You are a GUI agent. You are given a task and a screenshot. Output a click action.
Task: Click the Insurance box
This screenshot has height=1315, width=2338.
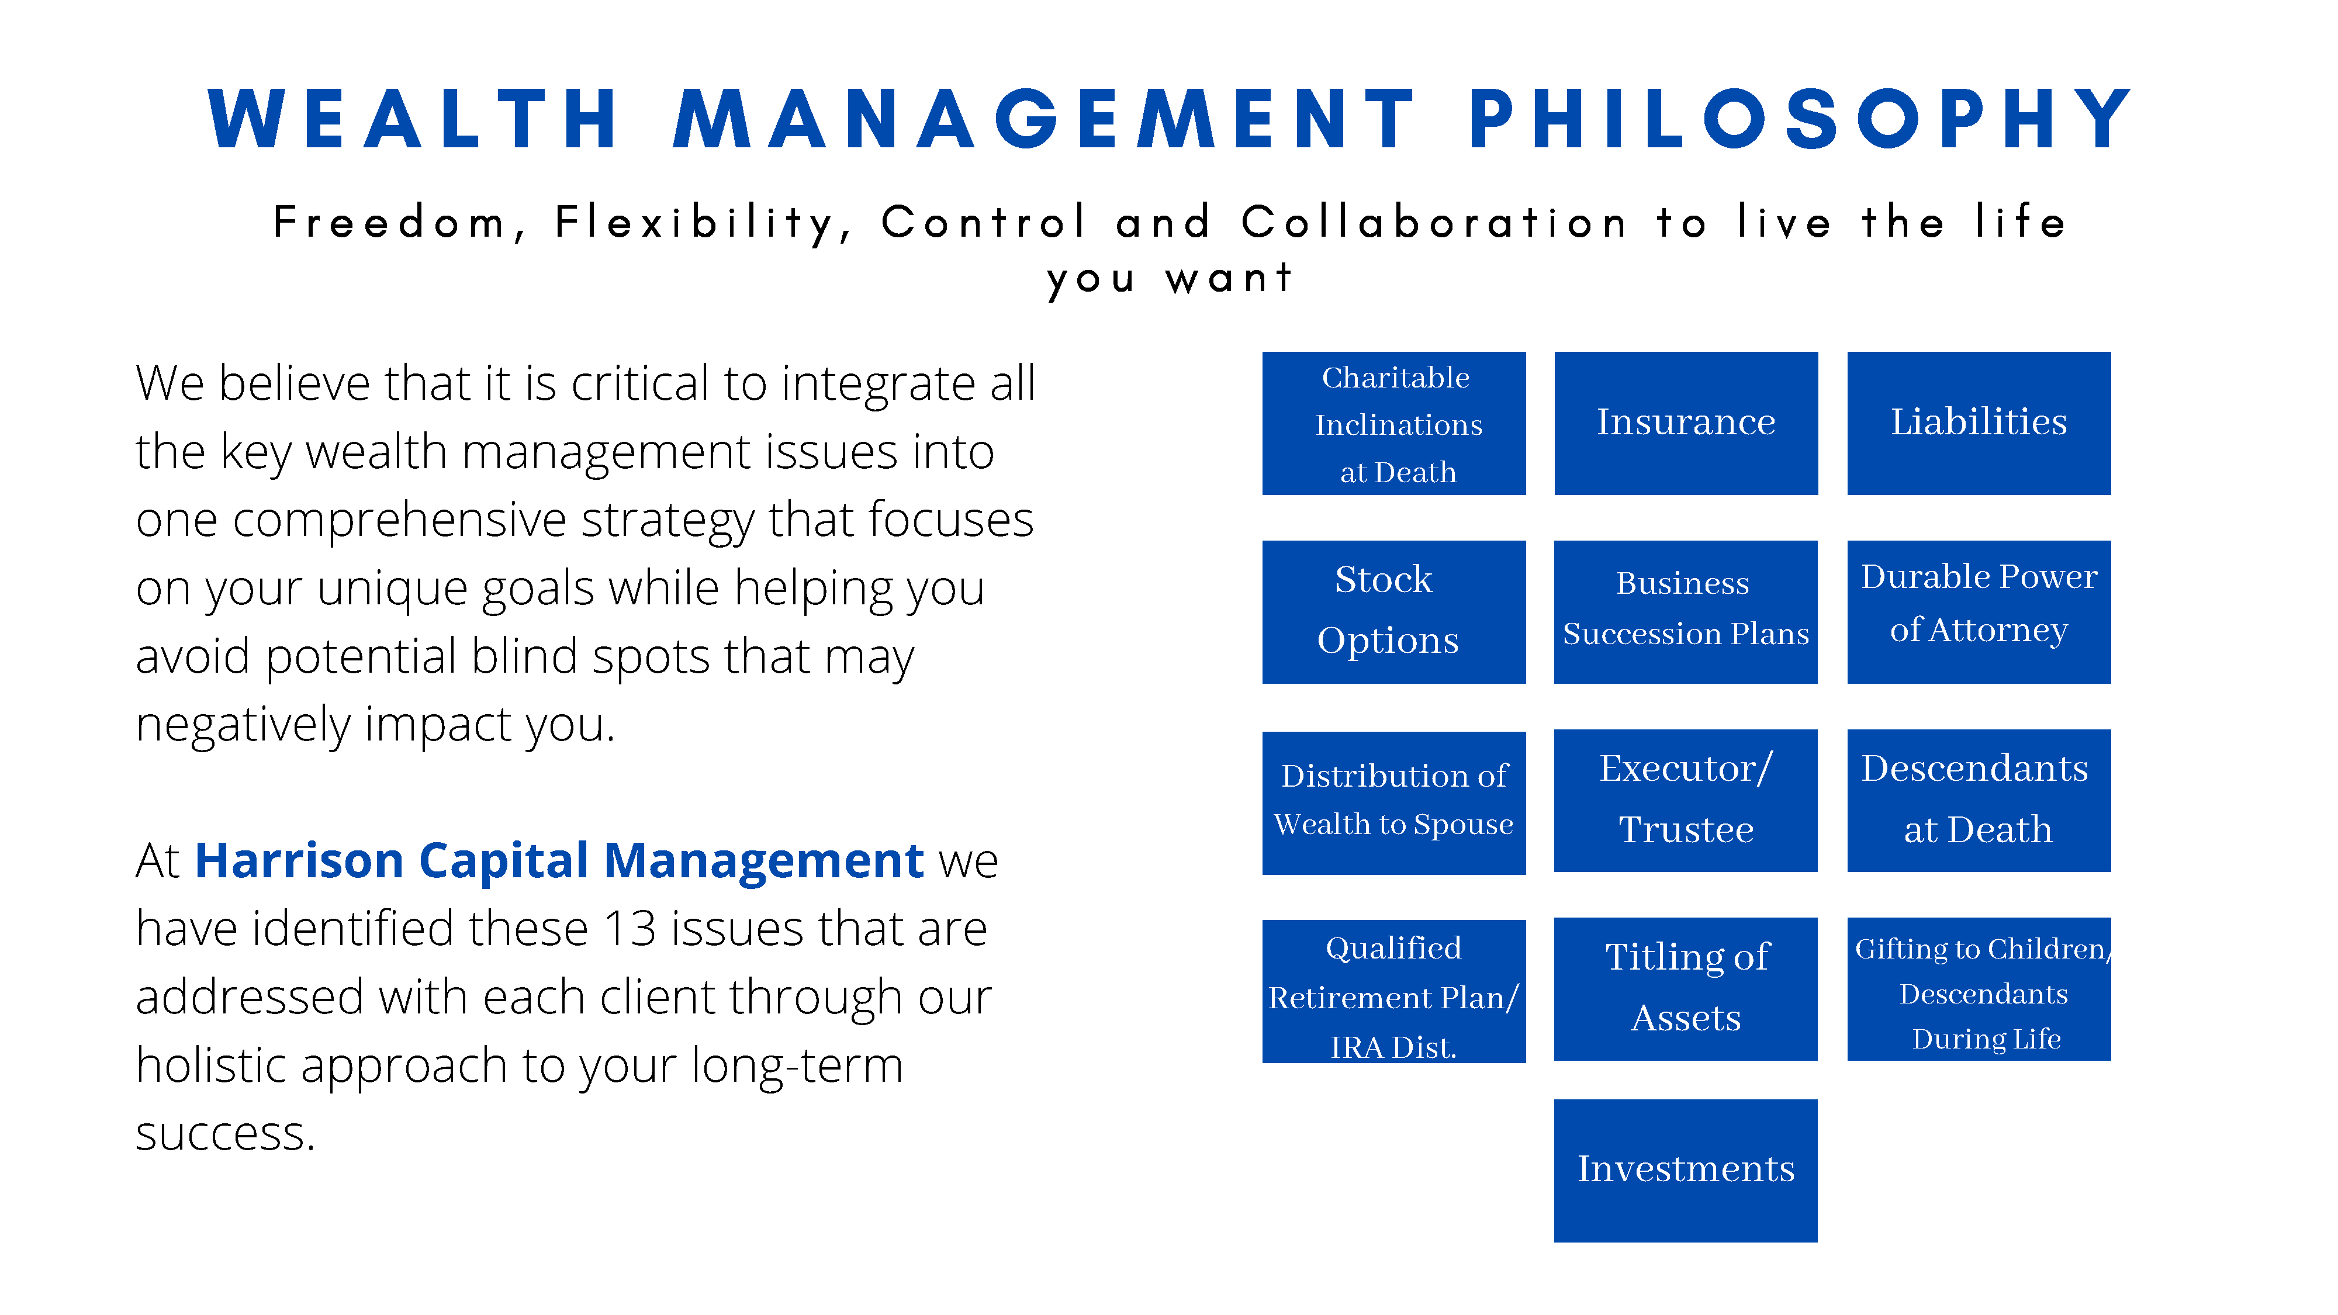[1686, 423]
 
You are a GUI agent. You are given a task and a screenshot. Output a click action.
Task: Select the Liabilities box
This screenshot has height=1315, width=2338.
[1979, 423]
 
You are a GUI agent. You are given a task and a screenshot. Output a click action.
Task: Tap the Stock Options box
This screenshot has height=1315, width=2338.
[1393, 612]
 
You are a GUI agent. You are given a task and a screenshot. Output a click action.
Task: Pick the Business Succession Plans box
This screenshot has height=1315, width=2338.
[1686, 612]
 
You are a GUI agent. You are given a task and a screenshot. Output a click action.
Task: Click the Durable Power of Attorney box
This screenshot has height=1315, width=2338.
[1979, 612]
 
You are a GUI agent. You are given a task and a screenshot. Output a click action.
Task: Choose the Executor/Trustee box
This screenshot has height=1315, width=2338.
[1686, 801]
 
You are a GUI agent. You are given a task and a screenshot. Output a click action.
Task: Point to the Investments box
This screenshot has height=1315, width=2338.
[1686, 1170]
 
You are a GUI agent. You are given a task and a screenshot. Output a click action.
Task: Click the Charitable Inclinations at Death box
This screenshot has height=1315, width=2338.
[1393, 423]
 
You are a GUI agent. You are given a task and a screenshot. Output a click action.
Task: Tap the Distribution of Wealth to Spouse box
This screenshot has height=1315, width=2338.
[1393, 802]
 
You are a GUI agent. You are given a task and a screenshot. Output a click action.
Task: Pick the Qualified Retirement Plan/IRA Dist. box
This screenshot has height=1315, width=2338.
[1393, 991]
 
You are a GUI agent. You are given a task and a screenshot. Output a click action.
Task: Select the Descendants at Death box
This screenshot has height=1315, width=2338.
[1979, 801]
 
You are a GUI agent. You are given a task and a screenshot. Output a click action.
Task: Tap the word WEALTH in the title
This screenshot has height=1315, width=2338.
[414, 120]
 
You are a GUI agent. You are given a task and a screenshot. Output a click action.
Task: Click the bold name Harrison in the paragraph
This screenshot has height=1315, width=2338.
[299, 860]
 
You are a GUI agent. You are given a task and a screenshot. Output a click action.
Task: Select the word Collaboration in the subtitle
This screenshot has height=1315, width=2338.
[1434, 222]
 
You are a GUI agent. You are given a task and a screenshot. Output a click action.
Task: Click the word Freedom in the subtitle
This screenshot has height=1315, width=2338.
[390, 222]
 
